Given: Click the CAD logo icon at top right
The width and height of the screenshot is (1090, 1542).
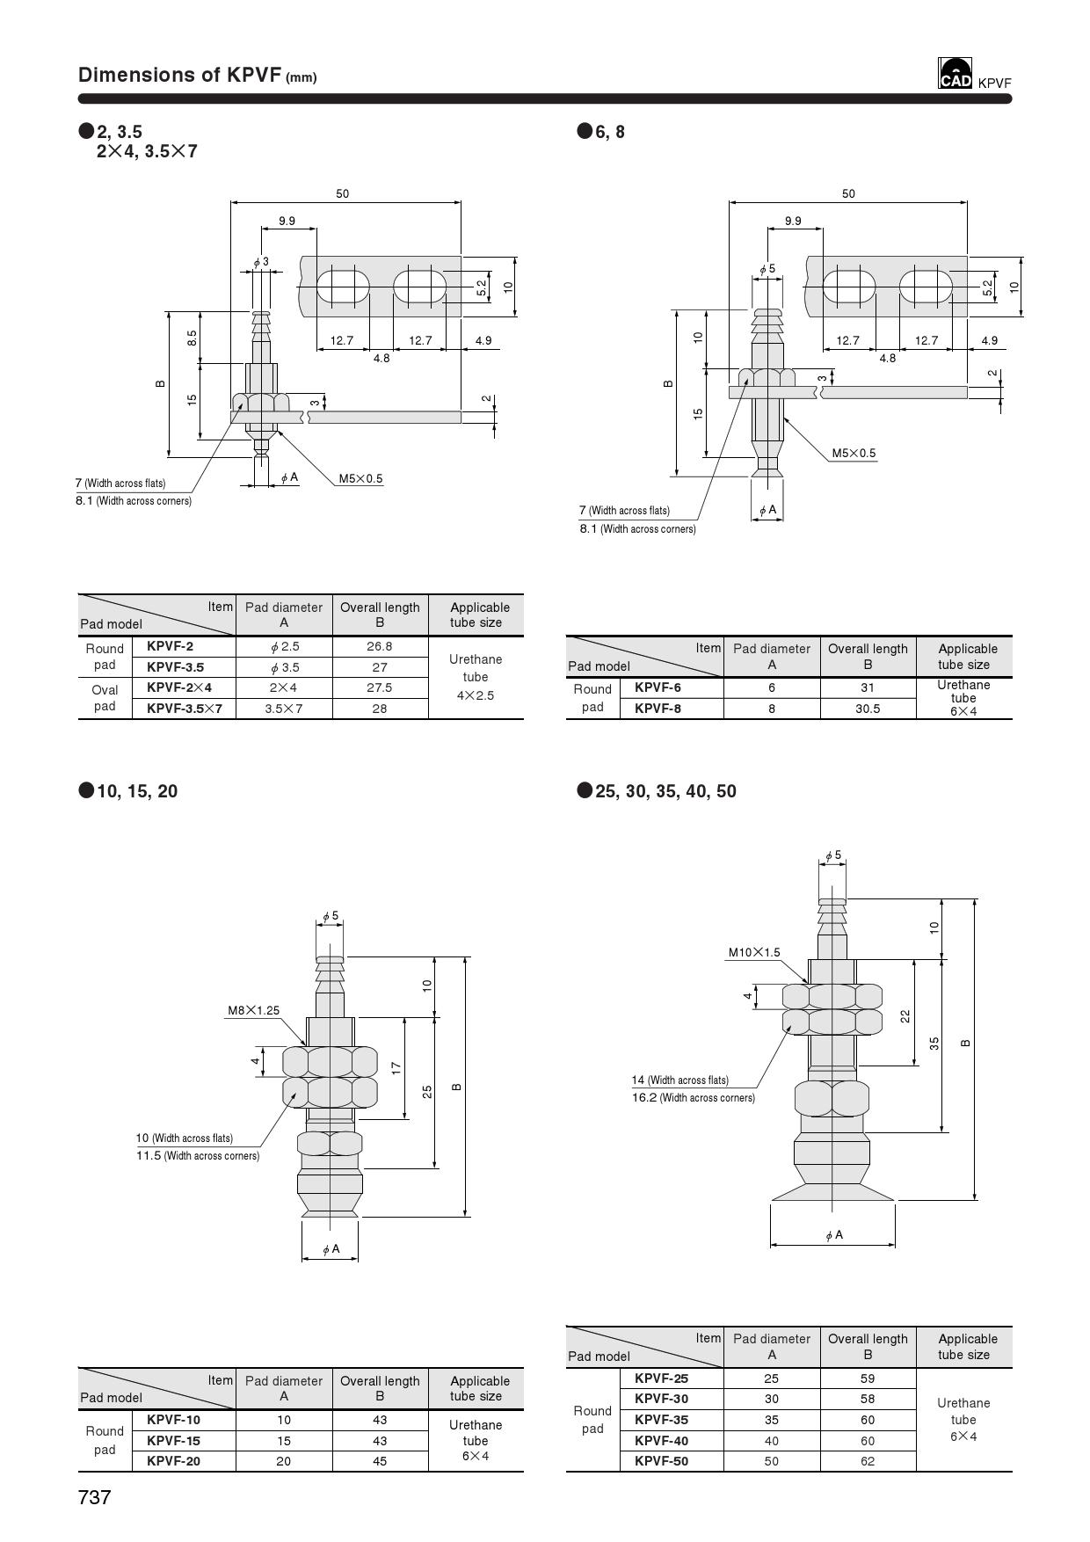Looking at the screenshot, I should tap(955, 75).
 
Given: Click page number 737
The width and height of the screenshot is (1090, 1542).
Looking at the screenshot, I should tap(95, 1497).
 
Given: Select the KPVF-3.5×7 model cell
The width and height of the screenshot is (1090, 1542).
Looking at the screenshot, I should tap(185, 709).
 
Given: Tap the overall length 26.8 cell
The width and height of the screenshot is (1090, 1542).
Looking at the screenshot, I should tap(380, 646).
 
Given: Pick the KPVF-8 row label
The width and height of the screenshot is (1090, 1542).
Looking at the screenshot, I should tap(658, 709).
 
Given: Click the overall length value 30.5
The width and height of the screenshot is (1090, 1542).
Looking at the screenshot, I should tap(868, 709).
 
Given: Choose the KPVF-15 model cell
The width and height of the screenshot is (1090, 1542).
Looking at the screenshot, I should tap(173, 1441).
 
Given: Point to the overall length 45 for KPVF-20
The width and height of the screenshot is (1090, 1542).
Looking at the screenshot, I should tap(380, 1461).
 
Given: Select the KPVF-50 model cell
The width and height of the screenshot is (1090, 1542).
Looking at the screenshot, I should tap(661, 1461).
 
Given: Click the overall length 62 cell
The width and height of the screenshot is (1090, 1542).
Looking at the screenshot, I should tap(868, 1461).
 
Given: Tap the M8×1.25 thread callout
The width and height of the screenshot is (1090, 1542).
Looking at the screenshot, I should tap(253, 1010).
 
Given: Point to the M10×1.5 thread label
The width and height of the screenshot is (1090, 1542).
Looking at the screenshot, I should tap(753, 952).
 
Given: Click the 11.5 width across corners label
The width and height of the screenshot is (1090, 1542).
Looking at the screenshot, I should tap(198, 1156).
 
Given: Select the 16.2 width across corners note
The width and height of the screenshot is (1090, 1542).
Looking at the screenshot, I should tap(693, 1098).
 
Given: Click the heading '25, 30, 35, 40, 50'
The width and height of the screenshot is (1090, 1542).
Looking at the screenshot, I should tap(665, 791).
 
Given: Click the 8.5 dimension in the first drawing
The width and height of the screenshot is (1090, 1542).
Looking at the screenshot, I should tap(193, 338).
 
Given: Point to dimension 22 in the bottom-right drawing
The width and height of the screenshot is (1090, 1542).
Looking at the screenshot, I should tap(905, 1016).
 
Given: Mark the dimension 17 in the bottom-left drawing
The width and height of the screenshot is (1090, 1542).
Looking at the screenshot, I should tap(396, 1068).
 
